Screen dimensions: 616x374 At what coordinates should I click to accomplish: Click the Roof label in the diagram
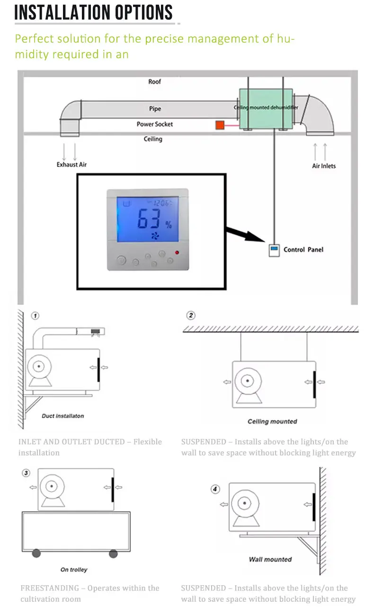(x=155, y=82)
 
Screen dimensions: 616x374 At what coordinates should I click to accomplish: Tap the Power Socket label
(x=155, y=124)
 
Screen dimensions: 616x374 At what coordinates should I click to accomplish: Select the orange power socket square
(x=220, y=125)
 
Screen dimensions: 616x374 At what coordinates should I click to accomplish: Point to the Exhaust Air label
(x=71, y=165)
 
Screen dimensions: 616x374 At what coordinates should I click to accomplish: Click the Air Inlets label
(x=324, y=166)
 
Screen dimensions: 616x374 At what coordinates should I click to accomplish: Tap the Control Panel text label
(x=303, y=249)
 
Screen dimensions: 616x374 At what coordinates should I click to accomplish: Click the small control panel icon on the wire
(x=274, y=250)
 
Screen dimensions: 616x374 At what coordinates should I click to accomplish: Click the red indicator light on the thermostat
(x=178, y=252)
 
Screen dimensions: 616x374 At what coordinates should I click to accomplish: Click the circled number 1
(x=35, y=316)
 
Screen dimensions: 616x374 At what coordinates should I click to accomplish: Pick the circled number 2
(x=191, y=316)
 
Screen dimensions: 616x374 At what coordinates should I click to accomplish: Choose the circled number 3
(x=26, y=473)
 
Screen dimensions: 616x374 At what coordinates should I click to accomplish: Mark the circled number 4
(x=215, y=489)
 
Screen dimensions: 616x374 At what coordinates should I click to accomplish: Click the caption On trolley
(x=74, y=570)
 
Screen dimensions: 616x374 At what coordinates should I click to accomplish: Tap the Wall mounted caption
(x=270, y=559)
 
